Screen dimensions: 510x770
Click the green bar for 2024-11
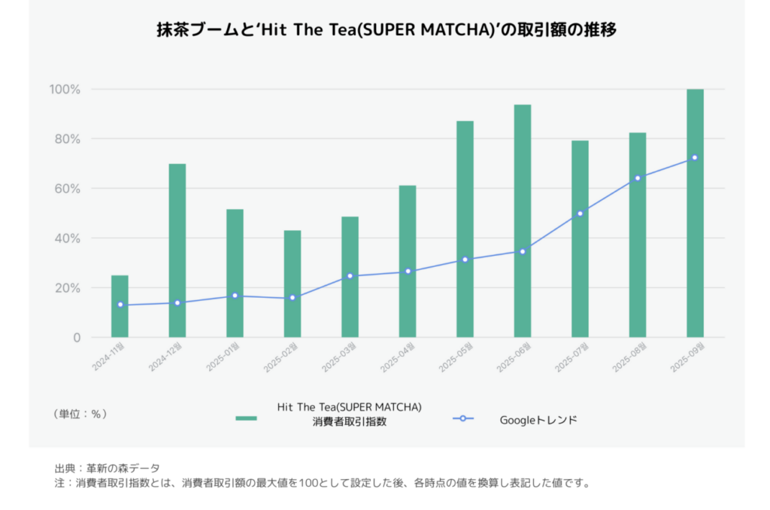120,306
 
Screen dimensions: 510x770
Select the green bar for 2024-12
177,250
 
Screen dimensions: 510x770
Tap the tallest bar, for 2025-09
695,213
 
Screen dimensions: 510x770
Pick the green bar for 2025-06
523,220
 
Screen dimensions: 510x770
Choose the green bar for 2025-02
293,284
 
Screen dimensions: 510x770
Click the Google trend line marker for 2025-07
580,214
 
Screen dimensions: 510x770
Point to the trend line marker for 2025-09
695,157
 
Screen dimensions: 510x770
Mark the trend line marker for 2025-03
350,276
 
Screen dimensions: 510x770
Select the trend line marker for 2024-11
120,305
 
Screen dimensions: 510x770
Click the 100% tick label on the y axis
65,90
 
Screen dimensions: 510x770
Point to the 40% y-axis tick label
66,238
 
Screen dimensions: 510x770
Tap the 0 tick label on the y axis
76,338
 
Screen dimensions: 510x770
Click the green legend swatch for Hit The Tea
246,418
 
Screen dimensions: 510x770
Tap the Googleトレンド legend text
538,420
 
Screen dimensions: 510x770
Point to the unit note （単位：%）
80,414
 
